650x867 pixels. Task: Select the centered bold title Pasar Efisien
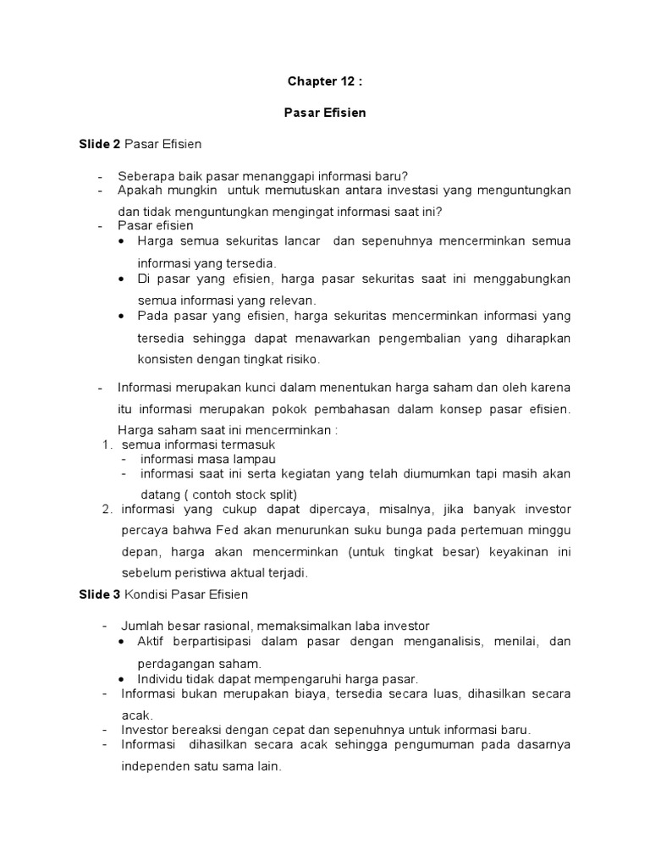point(325,113)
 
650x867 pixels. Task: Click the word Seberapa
point(144,176)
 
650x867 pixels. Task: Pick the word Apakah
point(139,192)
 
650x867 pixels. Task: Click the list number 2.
point(107,509)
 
